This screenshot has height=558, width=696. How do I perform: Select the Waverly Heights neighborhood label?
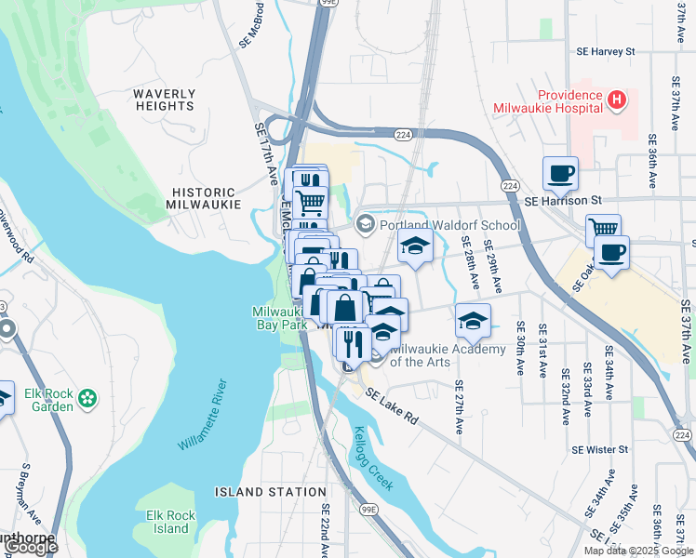point(164,100)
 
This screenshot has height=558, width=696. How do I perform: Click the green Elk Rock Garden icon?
point(87,398)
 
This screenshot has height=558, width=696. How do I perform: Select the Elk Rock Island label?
point(171,522)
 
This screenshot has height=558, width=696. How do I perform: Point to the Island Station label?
point(271,491)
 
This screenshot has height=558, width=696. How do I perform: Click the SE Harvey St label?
point(605,52)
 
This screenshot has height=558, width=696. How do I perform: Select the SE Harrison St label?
point(564,200)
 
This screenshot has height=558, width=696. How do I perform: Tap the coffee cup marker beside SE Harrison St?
point(561,173)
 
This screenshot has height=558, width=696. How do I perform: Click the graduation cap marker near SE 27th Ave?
point(474,320)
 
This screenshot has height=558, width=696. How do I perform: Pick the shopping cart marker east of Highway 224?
point(604,227)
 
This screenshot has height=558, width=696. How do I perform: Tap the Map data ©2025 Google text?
point(638,551)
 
